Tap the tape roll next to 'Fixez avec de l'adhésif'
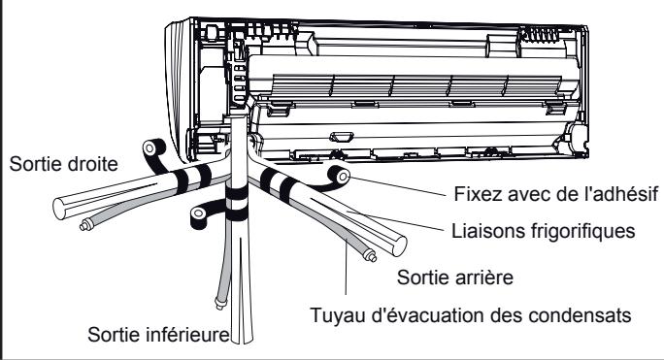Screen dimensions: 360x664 pos(340,175)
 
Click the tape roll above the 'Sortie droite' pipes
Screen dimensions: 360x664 pos(150,147)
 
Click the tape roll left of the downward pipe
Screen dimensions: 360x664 pos(202,212)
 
